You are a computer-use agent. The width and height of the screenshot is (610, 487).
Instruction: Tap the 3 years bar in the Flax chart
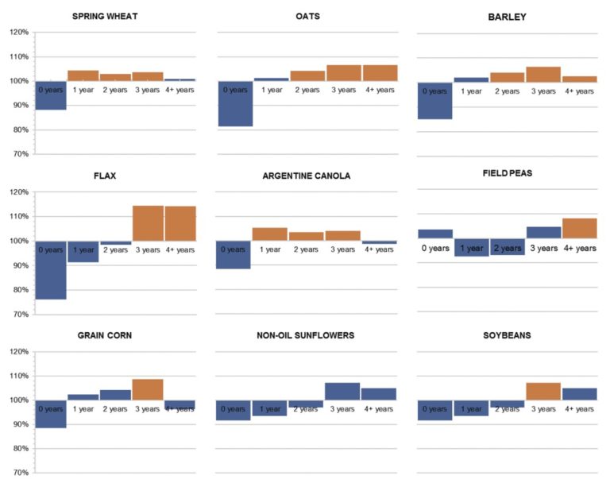[x=148, y=223]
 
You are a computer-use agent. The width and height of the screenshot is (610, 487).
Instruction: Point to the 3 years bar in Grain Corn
[x=148, y=389]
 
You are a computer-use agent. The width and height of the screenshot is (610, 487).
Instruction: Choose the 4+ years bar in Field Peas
[x=580, y=228]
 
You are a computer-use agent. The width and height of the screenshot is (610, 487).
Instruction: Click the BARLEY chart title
[x=508, y=16]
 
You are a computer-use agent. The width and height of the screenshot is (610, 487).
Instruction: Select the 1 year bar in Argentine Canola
[x=270, y=234]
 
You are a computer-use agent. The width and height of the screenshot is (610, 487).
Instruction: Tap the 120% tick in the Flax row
[x=19, y=192]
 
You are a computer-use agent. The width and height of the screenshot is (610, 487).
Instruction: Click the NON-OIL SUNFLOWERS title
[x=307, y=335]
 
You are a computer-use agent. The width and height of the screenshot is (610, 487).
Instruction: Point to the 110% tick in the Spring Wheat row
[x=19, y=57]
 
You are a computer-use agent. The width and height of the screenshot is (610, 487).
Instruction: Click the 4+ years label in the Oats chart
[x=380, y=90]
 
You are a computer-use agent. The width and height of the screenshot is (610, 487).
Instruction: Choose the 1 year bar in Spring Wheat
[x=83, y=75]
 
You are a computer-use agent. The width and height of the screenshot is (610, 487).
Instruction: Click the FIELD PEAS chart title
[x=508, y=173]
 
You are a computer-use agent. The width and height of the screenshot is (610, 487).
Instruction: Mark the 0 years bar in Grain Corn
[x=51, y=414]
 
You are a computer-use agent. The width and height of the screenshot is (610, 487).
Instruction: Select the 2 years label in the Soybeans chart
[x=507, y=409]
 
